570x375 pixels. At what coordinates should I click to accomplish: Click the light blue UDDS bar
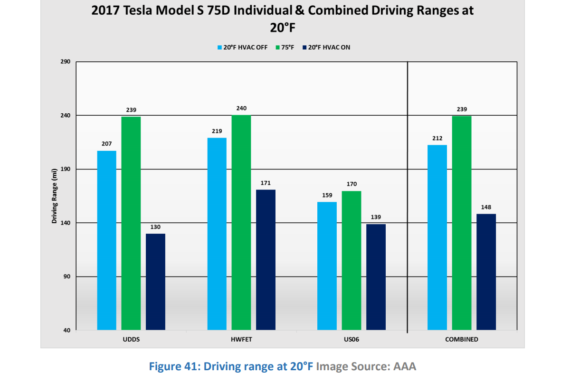tap(106, 240)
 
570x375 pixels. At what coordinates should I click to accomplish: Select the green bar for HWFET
tap(241, 222)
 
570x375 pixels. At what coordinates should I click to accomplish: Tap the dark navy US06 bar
tap(376, 277)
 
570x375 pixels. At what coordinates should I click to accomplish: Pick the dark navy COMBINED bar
tap(486, 272)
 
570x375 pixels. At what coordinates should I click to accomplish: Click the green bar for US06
tap(351, 260)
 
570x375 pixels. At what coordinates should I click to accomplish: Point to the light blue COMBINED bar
tap(437, 237)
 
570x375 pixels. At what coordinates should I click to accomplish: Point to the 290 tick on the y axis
tap(65, 62)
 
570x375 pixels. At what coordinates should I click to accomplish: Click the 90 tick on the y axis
tap(67, 277)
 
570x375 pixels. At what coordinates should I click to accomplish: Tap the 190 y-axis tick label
tap(65, 169)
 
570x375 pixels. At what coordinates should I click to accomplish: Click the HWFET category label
tap(241, 340)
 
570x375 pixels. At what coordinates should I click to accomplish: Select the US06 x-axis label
tap(351, 340)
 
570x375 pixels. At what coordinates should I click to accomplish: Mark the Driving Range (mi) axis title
tap(55, 196)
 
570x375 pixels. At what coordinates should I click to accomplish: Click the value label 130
tap(155, 227)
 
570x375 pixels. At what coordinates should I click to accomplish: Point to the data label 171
tap(266, 183)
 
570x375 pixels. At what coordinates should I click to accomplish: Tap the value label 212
tap(437, 138)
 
